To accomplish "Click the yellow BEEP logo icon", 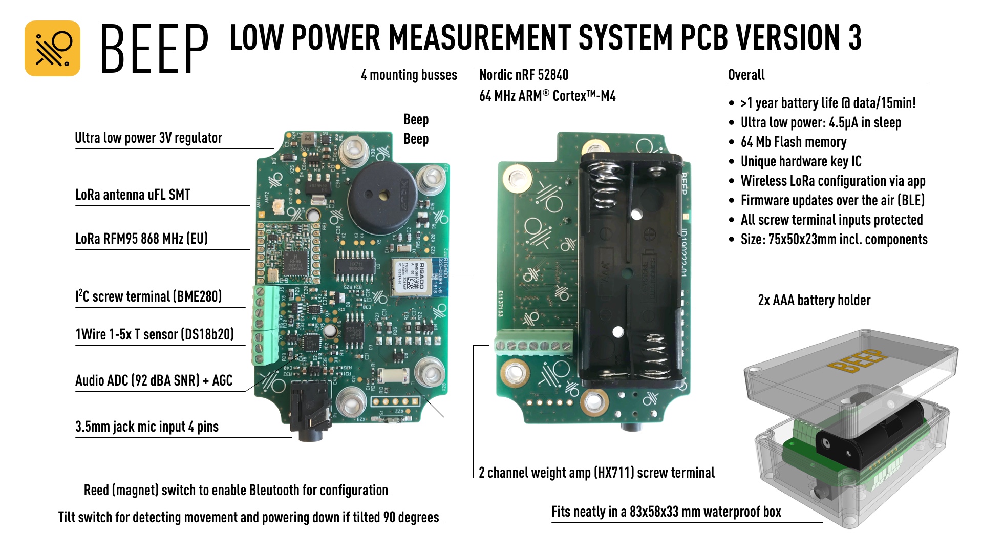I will pyautogui.click(x=52, y=48).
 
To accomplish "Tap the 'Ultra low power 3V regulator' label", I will pyautogui.click(x=148, y=138).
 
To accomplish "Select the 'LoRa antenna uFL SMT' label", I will pyautogui.click(x=133, y=195).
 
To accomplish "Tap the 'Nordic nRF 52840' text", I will pyautogui.click(x=523, y=75).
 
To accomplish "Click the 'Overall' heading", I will pyautogui.click(x=746, y=75).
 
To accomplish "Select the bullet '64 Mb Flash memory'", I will pyautogui.click(x=793, y=142).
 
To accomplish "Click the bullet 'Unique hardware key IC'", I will pyautogui.click(x=801, y=162).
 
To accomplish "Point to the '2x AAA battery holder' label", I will pyautogui.click(x=814, y=301).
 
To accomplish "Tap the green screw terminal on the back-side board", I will pyautogui.click(x=533, y=345).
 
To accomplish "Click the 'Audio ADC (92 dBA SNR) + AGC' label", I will pyautogui.click(x=154, y=380).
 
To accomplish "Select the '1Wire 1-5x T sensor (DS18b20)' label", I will pyautogui.click(x=154, y=335).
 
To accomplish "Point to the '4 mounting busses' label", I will pyautogui.click(x=409, y=75).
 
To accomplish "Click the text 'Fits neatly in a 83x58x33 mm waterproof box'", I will pyautogui.click(x=666, y=512).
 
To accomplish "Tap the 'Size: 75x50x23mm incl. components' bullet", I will pyautogui.click(x=834, y=240).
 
